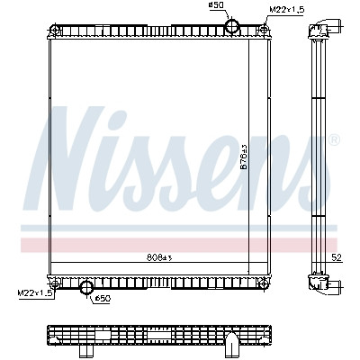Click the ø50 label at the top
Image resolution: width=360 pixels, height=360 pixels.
click(215, 5)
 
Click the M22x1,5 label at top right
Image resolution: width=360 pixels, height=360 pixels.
click(287, 9)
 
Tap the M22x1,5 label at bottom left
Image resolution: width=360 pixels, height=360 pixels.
click(36, 292)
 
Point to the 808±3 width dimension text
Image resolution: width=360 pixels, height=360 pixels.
click(159, 257)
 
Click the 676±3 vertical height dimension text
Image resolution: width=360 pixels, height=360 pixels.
click(244, 157)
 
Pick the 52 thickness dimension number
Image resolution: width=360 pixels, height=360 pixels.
click(337, 257)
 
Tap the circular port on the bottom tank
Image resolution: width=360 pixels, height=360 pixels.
click(86, 287)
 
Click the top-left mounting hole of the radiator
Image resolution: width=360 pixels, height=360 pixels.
click(54, 30)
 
